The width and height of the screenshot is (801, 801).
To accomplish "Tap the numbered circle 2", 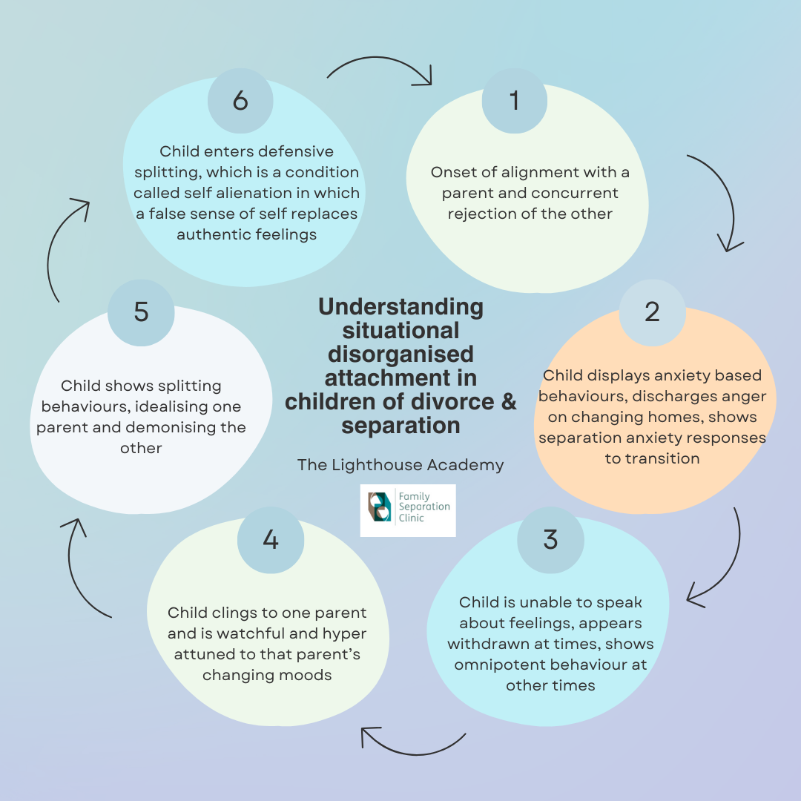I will (652, 311).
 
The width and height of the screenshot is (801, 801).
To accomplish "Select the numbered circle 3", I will (550, 539).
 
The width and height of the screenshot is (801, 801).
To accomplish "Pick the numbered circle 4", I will (271, 539).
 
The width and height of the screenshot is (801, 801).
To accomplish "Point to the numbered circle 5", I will (141, 311).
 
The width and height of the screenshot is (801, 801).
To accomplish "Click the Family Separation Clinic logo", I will (407, 510).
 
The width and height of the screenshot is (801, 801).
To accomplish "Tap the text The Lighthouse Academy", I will (400, 465).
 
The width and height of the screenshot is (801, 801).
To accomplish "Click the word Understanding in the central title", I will (400, 307).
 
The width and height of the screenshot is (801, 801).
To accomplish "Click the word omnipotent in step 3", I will (499, 665).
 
